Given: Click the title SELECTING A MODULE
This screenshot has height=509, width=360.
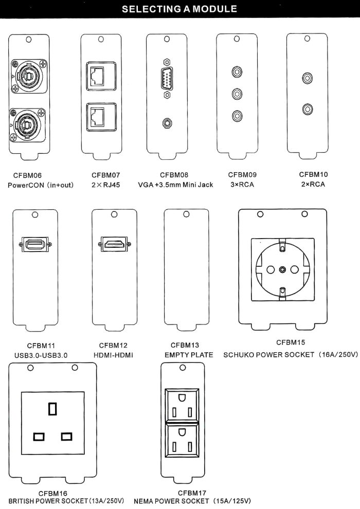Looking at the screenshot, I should [179, 9].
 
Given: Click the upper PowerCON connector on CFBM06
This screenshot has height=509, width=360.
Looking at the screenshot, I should [29, 77].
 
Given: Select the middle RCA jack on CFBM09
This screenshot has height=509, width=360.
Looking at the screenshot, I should [237, 94].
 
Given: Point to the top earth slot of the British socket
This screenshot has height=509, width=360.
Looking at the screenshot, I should [52, 409].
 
